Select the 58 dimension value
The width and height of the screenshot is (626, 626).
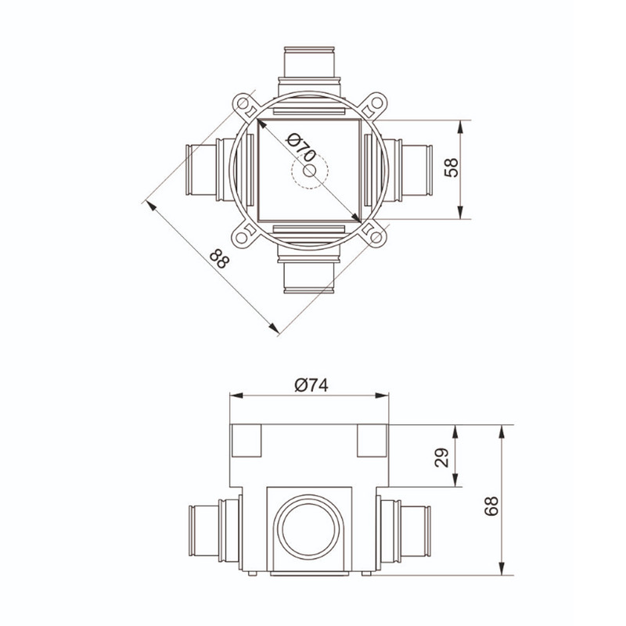pos(452,167)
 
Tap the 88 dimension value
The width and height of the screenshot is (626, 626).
pos(220,258)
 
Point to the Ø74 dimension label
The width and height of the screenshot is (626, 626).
pos(311,385)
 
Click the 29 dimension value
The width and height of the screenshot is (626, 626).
pos(442,458)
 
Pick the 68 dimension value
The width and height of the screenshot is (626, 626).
pos(491,505)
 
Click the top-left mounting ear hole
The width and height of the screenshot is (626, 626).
pos(242,103)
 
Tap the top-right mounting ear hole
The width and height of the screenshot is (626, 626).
pos(376,103)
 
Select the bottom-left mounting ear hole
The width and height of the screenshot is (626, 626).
pos(242,238)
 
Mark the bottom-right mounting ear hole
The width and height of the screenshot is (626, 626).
pos(376,238)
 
